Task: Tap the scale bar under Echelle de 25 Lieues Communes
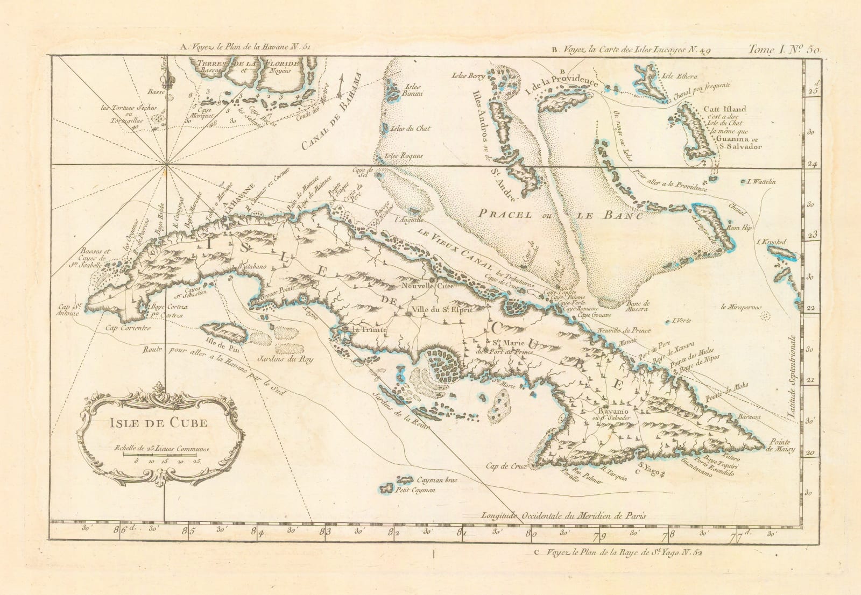pyautogui.click(x=157, y=455)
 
